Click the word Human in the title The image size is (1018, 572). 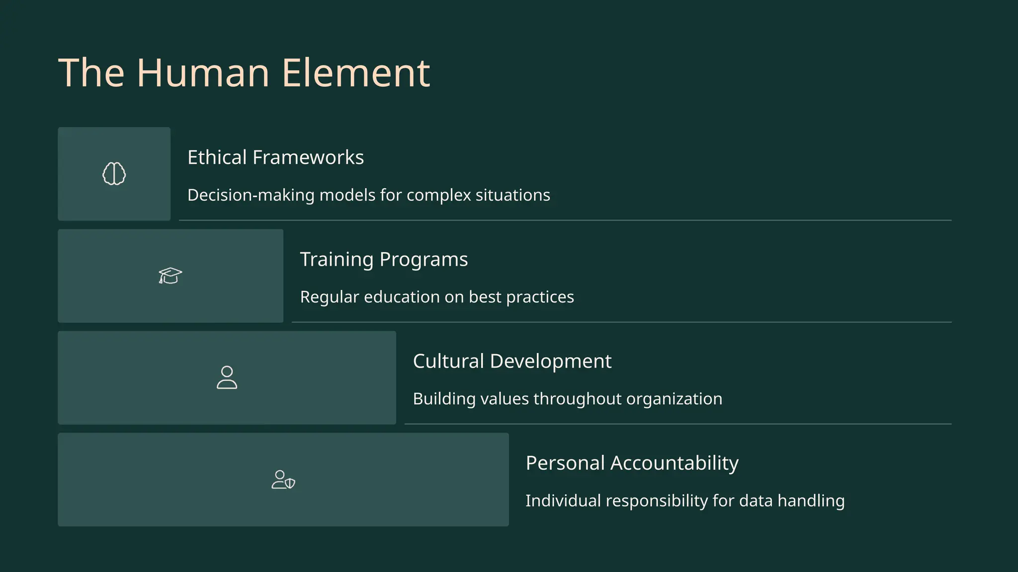[x=203, y=73]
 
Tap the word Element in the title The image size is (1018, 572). [x=355, y=73]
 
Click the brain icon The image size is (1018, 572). [x=114, y=174]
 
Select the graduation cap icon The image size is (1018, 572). [x=170, y=276]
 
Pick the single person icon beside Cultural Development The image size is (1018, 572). [x=227, y=377]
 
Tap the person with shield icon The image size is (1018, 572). [x=283, y=480]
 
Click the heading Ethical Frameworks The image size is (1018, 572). [x=275, y=157]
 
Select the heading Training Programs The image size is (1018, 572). [x=384, y=259]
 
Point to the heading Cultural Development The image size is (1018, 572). [x=512, y=361]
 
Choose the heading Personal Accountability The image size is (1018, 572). [x=632, y=463]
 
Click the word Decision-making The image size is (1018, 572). [x=251, y=195]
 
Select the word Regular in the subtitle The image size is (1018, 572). [x=329, y=297]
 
